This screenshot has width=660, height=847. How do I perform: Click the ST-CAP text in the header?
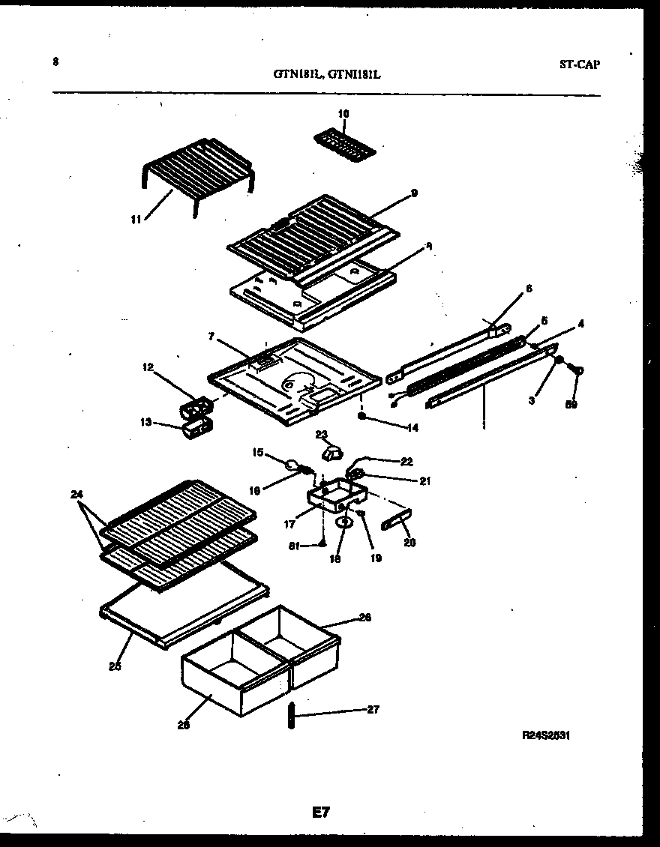pyautogui.click(x=579, y=64)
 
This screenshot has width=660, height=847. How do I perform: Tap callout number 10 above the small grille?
pyautogui.click(x=343, y=114)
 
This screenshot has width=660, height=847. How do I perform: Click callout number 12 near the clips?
pyautogui.click(x=148, y=367)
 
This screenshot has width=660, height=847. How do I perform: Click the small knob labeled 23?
pyautogui.click(x=331, y=452)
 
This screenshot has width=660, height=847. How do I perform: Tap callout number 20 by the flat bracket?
pyautogui.click(x=409, y=543)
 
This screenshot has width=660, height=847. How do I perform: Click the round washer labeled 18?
pyautogui.click(x=343, y=522)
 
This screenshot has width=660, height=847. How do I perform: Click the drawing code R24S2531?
pyautogui.click(x=546, y=736)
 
